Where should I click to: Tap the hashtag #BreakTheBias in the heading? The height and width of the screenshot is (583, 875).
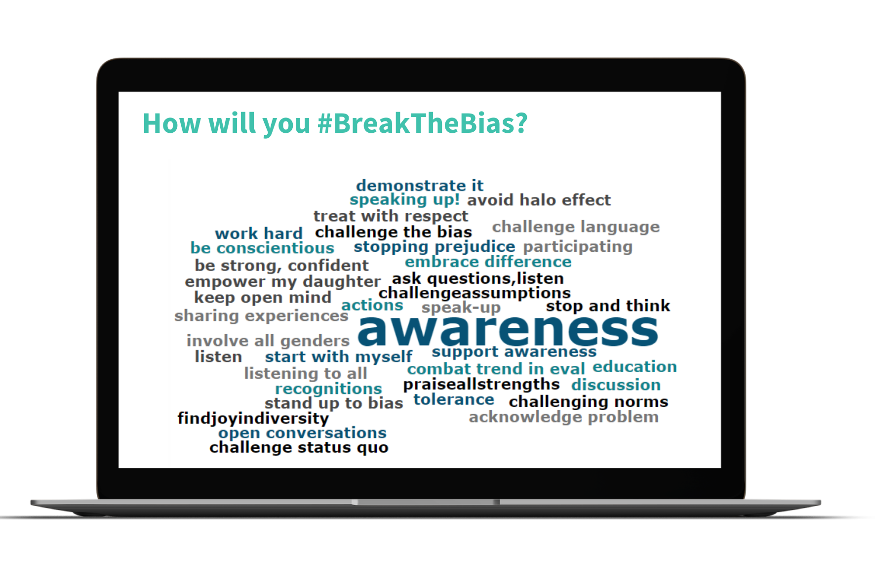coord(423,123)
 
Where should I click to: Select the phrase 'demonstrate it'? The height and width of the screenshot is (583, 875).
coord(420,185)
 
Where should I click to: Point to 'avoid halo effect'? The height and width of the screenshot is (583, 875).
coord(539,200)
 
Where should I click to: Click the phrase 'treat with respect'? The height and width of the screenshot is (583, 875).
coord(391,216)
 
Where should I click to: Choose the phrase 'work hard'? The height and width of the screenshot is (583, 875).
coord(259,233)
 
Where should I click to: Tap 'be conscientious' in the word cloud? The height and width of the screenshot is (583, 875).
coord(262,248)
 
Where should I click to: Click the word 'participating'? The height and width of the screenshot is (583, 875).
coord(578,247)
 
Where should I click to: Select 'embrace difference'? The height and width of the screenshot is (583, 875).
coord(488,262)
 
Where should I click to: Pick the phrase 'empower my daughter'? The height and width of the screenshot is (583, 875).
coord(282,282)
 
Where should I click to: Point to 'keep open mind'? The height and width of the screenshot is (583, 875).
coord(263,298)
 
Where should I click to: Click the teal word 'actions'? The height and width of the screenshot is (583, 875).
coord(372,306)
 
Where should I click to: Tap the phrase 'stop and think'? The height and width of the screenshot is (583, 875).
coord(608,306)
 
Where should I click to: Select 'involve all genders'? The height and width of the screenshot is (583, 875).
coord(268,341)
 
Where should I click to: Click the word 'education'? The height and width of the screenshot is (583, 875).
coord(635,367)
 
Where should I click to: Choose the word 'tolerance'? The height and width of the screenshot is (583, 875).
coord(454,399)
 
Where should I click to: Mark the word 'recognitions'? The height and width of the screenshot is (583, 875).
coord(328,389)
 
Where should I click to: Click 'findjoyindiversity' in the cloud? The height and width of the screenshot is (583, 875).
coord(253,419)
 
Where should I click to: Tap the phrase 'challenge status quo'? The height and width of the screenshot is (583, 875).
coord(299,448)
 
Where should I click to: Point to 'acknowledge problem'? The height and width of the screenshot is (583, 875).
coord(563,417)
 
